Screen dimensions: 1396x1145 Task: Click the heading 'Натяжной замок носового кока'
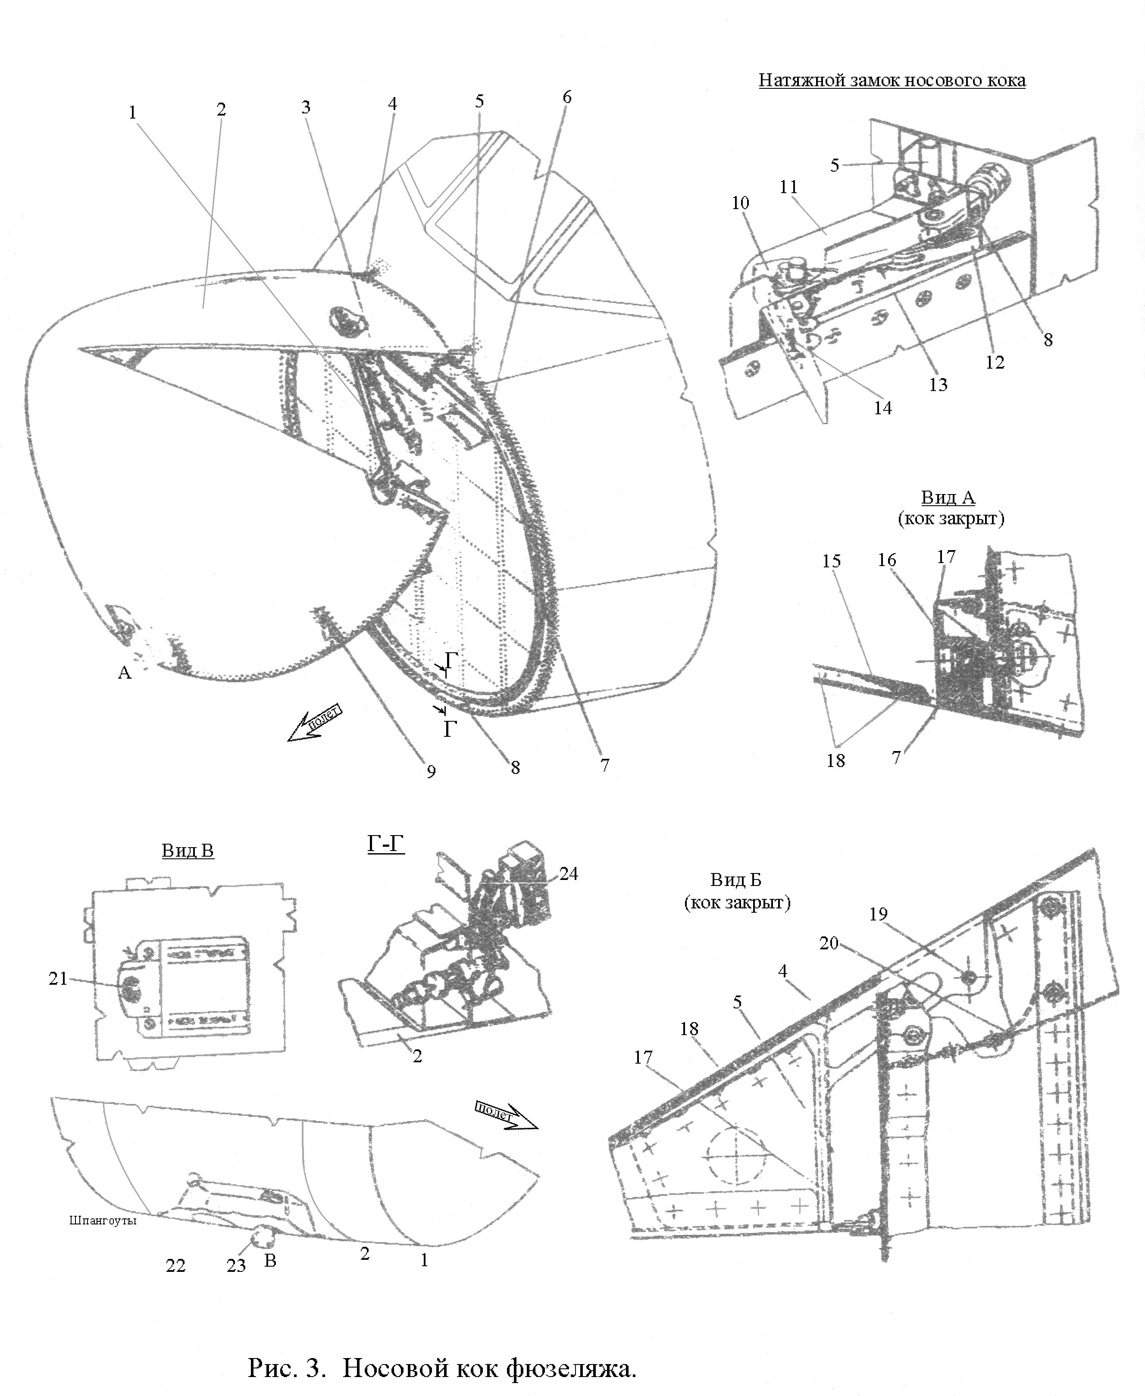click(x=892, y=81)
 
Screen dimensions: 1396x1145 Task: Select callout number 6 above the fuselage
click(x=566, y=97)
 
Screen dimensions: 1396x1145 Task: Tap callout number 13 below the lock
click(x=938, y=385)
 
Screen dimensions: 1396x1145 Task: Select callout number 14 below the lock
click(x=882, y=408)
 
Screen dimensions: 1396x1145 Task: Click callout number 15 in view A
click(x=831, y=561)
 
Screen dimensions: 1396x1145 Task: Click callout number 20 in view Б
click(x=829, y=943)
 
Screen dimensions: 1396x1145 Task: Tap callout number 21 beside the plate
click(x=58, y=979)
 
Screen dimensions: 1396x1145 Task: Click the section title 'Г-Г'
click(x=385, y=844)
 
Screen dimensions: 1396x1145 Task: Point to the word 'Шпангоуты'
click(x=103, y=1221)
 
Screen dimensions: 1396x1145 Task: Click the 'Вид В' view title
click(x=188, y=851)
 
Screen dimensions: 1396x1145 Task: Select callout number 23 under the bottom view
click(x=236, y=1265)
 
